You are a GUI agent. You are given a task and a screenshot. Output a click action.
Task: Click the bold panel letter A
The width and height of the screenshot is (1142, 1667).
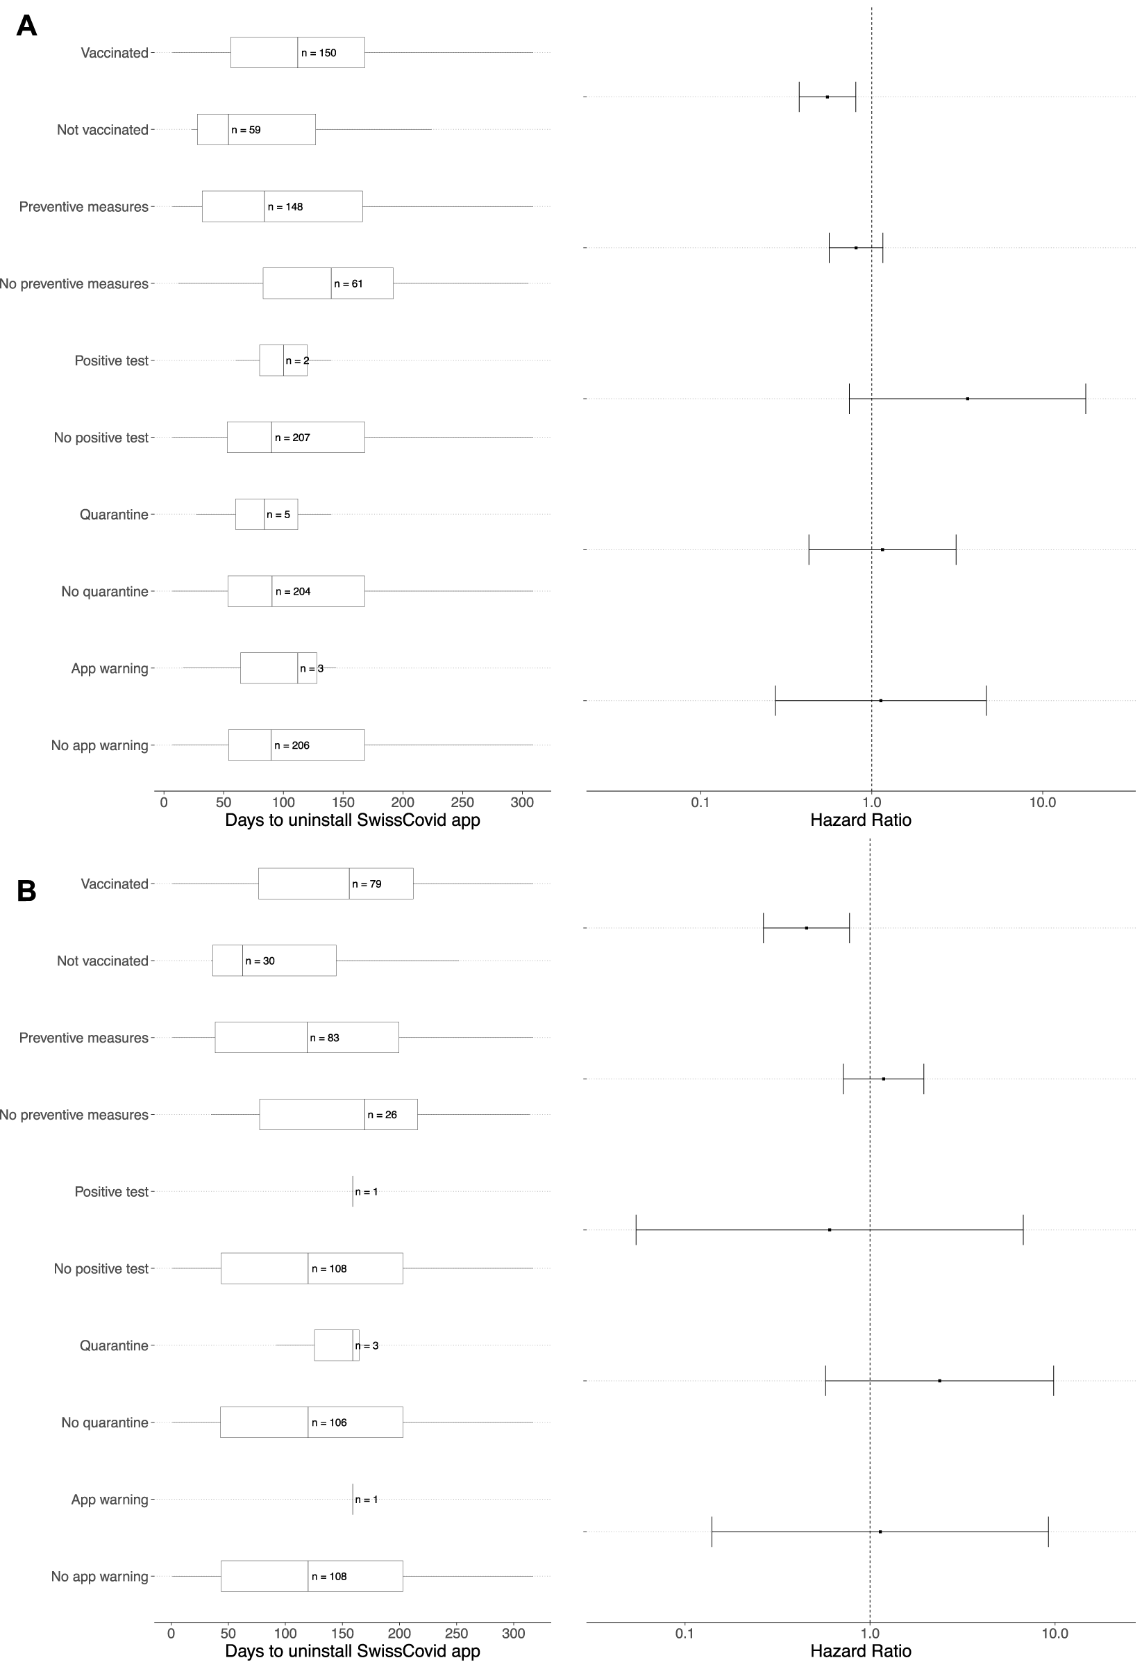pos(26,26)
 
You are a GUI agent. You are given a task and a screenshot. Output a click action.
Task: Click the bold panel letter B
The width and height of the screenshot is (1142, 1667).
pos(26,891)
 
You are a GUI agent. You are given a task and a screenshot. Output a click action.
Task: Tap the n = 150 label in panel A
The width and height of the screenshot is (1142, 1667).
pos(318,53)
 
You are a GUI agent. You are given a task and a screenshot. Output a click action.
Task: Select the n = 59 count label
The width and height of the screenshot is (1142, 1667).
pos(246,130)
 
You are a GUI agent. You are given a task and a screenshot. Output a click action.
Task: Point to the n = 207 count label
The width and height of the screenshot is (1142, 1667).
pos(292,438)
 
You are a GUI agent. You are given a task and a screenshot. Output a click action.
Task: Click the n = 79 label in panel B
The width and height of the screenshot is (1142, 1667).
pos(367,884)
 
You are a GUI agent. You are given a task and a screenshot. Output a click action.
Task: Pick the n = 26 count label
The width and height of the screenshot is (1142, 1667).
pos(382,1115)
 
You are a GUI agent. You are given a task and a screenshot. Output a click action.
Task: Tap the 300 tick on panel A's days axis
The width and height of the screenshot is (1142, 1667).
pos(522,803)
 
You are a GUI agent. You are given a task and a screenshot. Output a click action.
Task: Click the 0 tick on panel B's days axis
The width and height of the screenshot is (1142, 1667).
pos(171,1634)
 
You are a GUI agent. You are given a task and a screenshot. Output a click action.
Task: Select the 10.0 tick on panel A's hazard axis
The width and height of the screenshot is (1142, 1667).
pos(1042,803)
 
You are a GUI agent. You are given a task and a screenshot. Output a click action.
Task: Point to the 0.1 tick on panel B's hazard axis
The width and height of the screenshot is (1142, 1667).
pos(685,1634)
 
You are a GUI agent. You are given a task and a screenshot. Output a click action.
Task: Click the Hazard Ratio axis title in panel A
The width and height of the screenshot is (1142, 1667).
pos(860,820)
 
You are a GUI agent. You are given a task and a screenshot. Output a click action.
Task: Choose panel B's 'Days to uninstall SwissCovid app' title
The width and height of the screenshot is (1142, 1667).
pos(353,1651)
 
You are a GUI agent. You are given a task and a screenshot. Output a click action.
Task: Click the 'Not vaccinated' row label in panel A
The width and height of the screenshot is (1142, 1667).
pos(103,130)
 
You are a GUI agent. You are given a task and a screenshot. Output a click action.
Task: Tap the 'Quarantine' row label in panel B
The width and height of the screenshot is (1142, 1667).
pos(114,1345)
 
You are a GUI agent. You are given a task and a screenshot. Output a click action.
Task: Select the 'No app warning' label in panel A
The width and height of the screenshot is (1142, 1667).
pos(100,745)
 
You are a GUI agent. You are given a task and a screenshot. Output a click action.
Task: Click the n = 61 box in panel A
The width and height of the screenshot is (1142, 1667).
pos(328,283)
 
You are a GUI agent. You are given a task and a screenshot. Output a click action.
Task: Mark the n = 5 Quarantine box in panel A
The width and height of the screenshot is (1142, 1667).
pos(266,514)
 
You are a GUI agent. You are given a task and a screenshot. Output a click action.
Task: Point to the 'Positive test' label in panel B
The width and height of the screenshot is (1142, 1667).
pos(111,1191)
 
